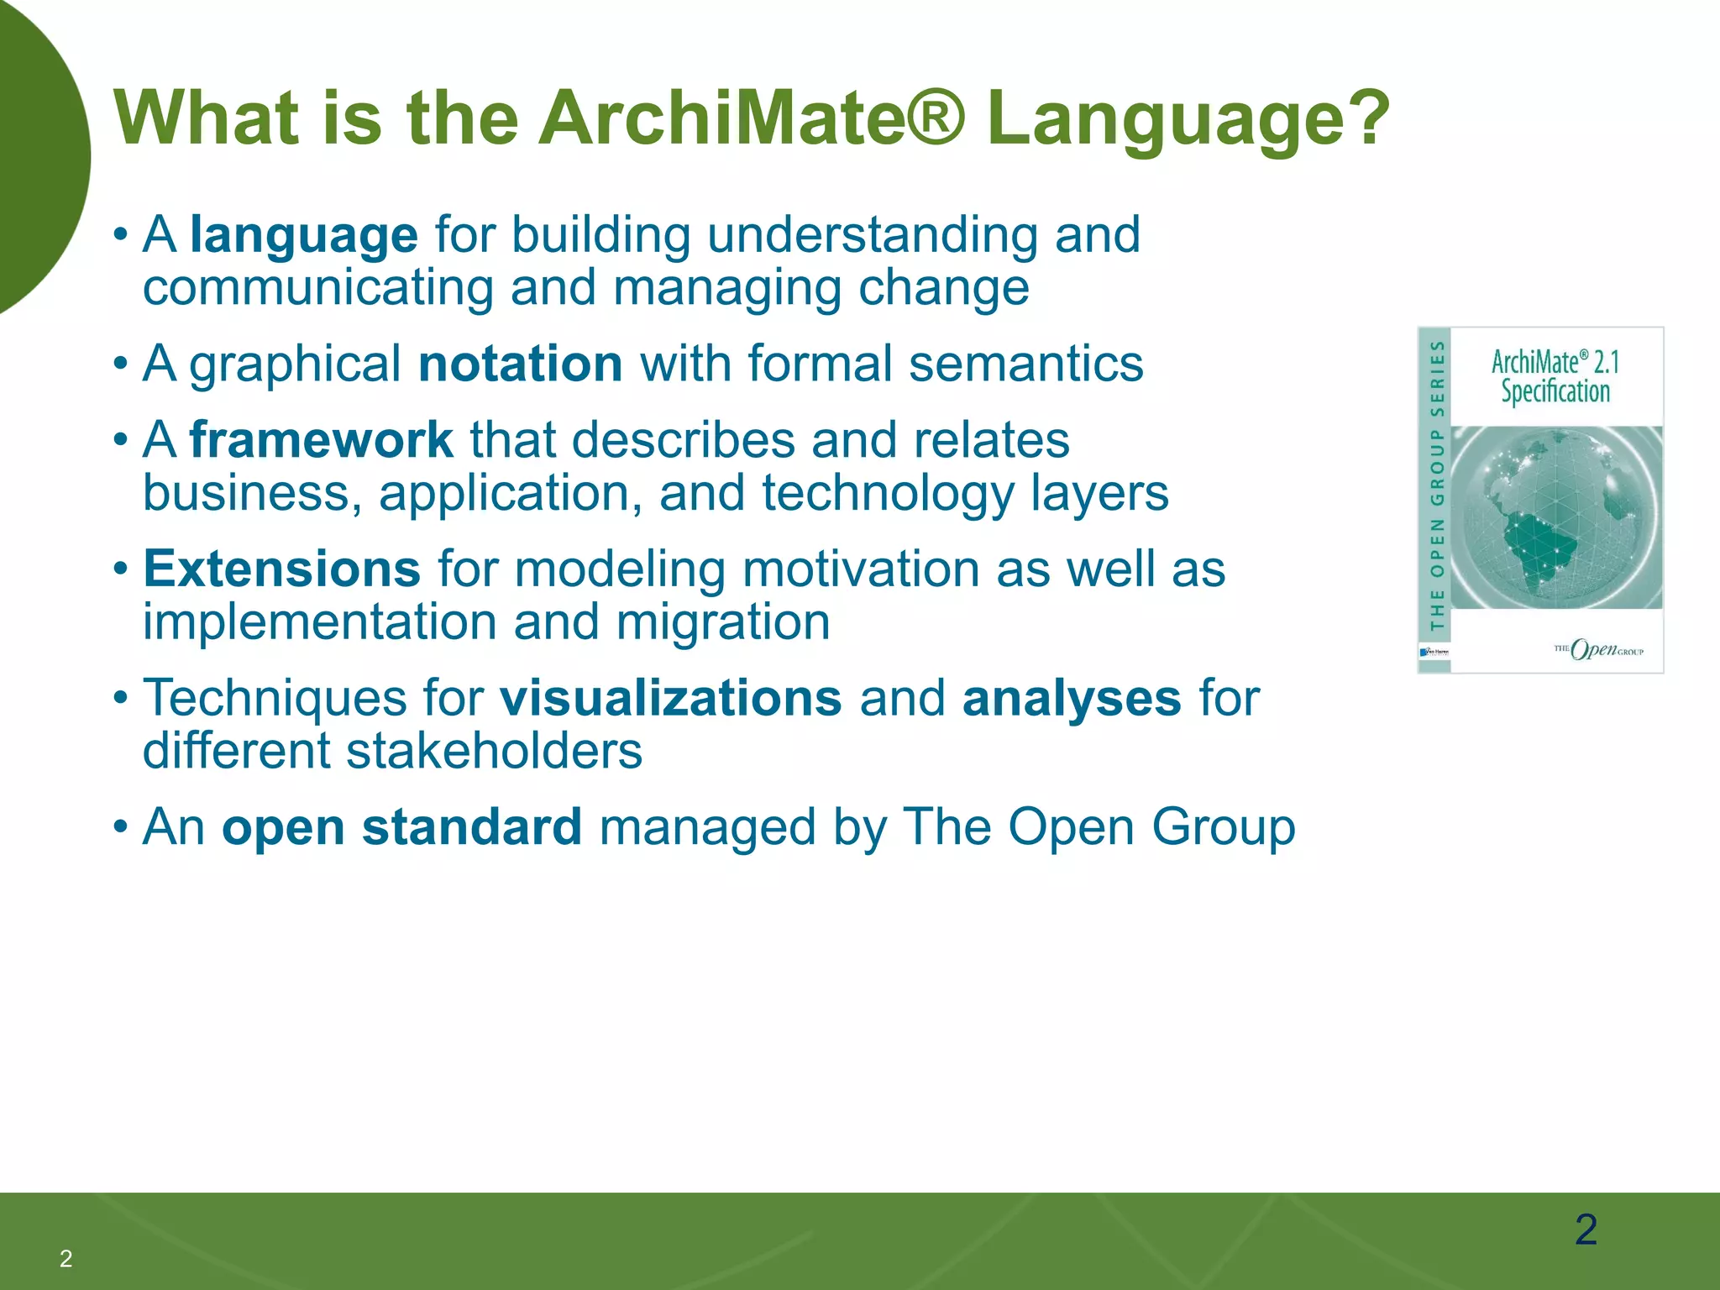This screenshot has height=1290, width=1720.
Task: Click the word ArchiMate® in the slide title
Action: (x=752, y=119)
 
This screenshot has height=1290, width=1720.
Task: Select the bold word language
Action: (x=304, y=234)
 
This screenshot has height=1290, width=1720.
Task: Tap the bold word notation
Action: (x=520, y=364)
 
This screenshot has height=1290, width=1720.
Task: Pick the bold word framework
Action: (x=322, y=440)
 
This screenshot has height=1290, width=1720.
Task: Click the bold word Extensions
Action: (x=281, y=569)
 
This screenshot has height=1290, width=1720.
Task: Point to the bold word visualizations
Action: (x=670, y=699)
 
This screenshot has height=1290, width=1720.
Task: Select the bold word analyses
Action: (x=1072, y=699)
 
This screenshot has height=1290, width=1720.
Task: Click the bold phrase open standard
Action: (x=401, y=827)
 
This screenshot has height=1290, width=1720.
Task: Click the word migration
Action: (x=723, y=622)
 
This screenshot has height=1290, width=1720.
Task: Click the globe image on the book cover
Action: (x=1556, y=517)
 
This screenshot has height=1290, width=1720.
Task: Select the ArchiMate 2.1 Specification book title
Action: (x=1555, y=377)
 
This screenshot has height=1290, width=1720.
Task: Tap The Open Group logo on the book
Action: (x=1598, y=648)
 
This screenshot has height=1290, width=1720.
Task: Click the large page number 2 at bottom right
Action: (x=1586, y=1230)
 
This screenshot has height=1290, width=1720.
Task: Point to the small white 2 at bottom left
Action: (x=66, y=1258)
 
